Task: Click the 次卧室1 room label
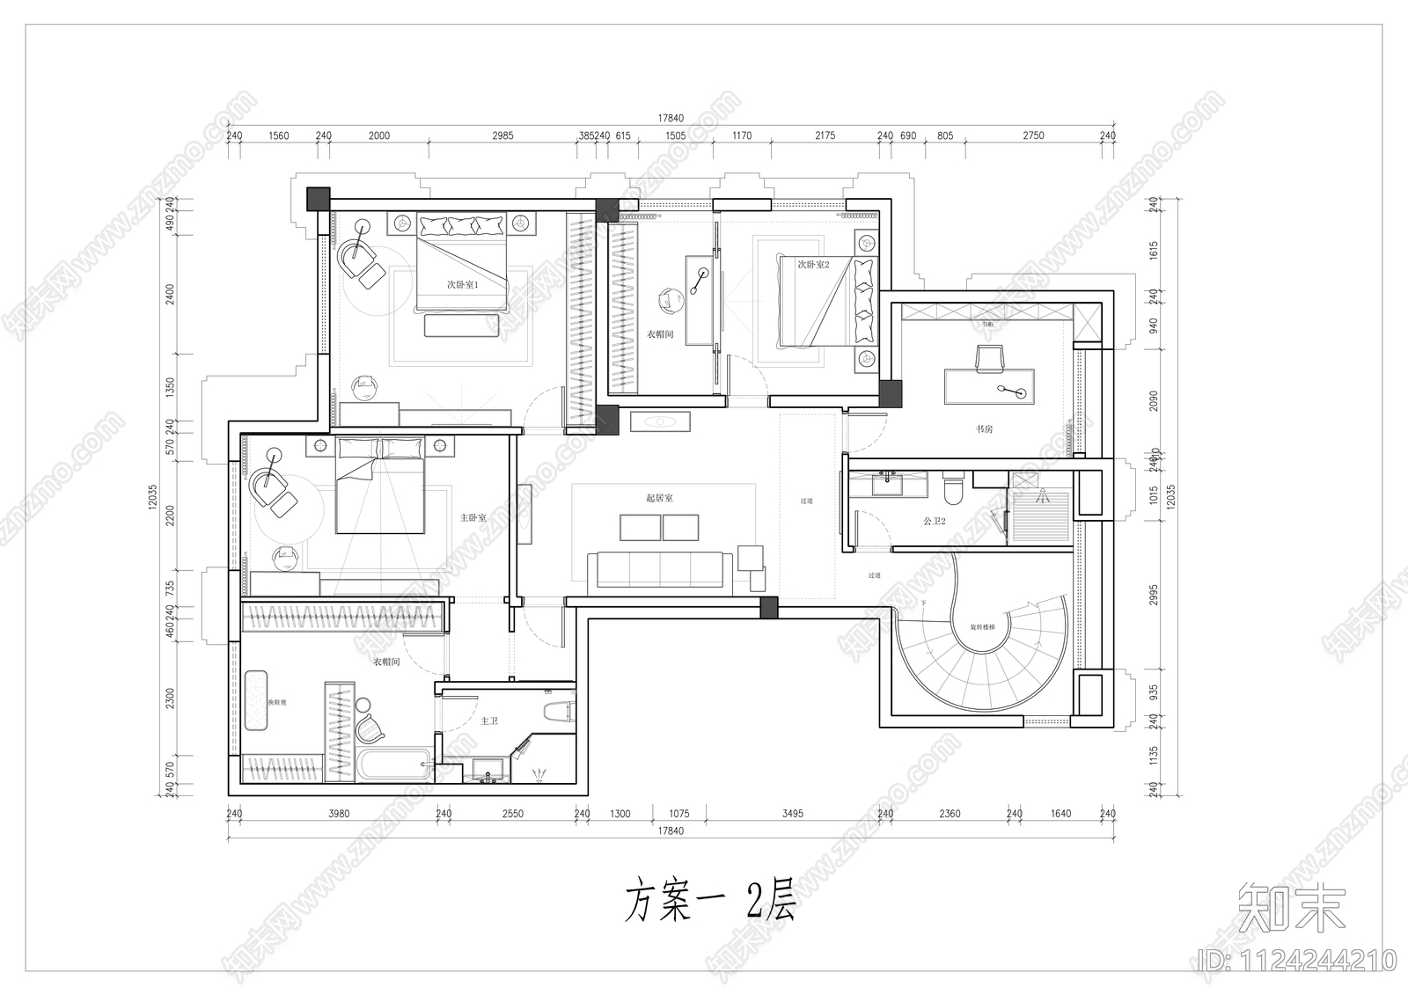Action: pos(462,285)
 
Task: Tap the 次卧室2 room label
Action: pos(813,264)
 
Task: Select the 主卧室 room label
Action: pos(473,518)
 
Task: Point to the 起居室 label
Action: pos(658,498)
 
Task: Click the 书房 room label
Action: pos(984,429)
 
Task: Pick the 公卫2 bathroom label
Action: pos(934,522)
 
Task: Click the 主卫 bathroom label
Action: pos(489,721)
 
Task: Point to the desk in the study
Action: pos(991,387)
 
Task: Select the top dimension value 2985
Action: pos(502,135)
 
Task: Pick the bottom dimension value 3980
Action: pos(338,814)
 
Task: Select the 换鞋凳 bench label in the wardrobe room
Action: pos(254,703)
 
